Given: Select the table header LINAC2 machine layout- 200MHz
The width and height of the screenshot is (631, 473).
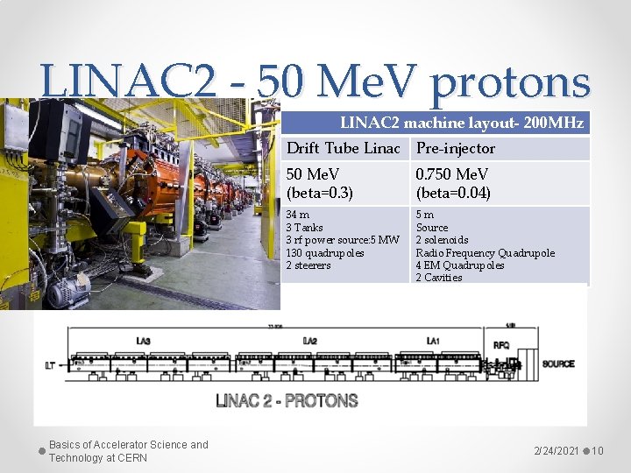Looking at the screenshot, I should pos(462,124).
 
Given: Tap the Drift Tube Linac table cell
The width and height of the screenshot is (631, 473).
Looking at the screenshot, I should pos(344,148).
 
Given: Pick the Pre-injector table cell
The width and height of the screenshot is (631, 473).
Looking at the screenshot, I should pos(455,148).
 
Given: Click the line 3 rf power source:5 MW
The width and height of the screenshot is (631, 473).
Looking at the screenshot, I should pos(343,240).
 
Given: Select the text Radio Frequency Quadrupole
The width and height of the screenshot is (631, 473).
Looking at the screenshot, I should pos(485,253).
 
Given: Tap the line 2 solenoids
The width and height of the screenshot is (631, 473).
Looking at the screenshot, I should pos(442,240).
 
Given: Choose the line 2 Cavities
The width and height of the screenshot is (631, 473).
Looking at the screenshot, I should pos(438,278).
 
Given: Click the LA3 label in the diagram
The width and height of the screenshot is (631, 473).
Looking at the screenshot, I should pos(143,341).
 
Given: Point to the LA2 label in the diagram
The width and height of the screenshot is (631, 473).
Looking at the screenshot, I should pos(309,341).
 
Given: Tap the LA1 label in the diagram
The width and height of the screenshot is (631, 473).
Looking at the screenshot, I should pos(433,341).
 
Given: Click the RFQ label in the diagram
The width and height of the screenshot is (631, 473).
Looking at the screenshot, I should pos(500,345).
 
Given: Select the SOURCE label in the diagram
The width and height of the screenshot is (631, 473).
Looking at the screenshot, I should pos(557,364).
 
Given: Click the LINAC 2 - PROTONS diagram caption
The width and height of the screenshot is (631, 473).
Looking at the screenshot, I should pos(287,401).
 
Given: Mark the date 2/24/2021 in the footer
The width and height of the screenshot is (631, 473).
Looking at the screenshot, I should pos(557,451).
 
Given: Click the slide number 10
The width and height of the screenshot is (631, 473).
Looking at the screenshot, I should pos(597,451).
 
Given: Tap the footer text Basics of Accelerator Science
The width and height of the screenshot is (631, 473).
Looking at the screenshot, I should pos(129,445).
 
